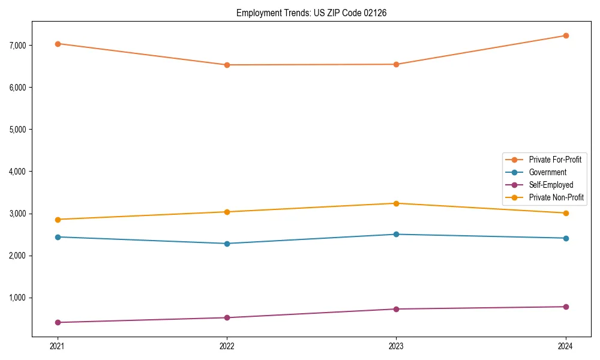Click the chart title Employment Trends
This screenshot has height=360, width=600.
(307, 13)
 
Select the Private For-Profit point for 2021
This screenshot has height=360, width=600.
(58, 44)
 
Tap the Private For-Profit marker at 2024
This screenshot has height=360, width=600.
(566, 35)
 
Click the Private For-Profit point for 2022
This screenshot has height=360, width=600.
(227, 65)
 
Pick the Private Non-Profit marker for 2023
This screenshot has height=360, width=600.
(396, 203)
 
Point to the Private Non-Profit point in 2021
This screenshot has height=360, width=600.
(58, 220)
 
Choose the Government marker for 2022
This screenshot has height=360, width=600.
(227, 244)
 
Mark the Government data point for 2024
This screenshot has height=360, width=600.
(566, 238)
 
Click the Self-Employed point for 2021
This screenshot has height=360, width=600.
(58, 323)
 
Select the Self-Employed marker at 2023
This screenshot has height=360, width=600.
(396, 309)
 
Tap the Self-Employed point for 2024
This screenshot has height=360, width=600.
(566, 307)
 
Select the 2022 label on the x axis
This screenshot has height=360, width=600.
(227, 346)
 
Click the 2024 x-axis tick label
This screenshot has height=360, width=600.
(566, 346)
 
